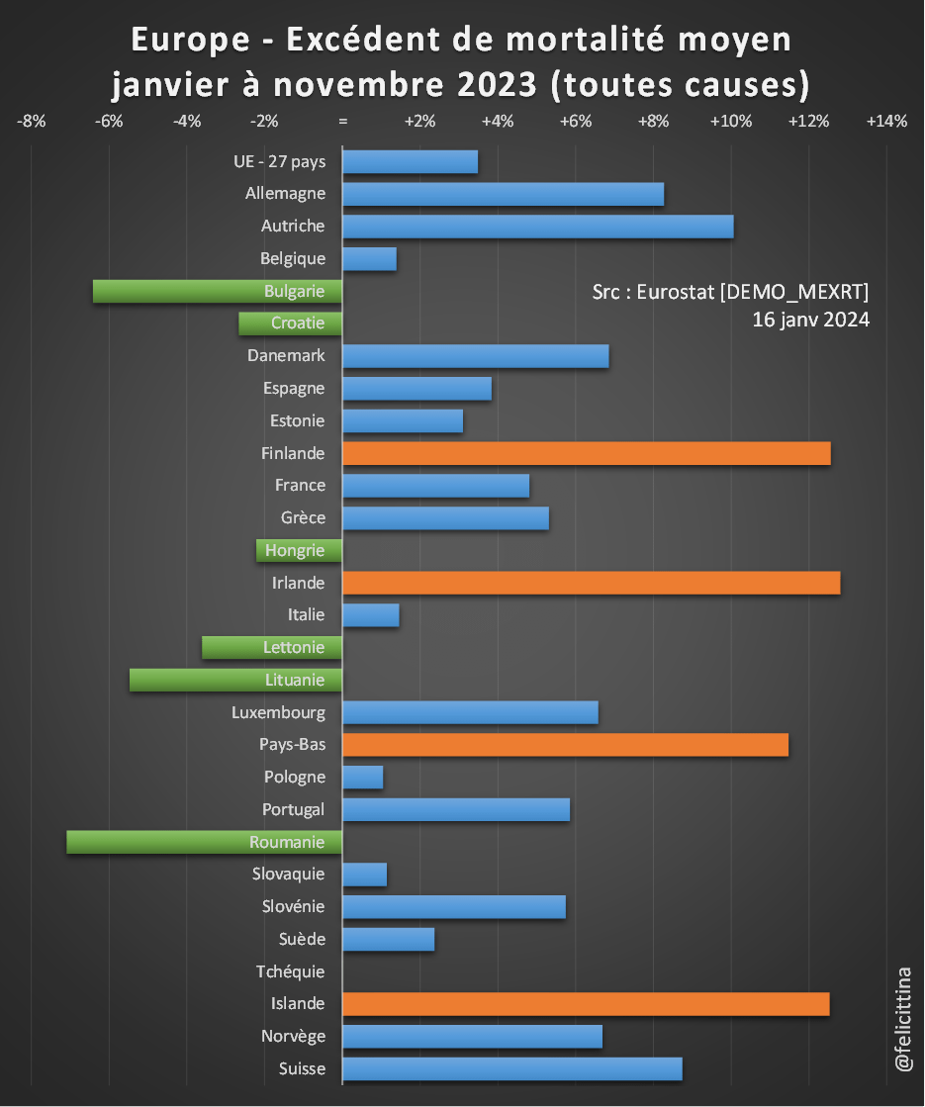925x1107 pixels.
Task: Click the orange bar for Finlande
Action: (586, 453)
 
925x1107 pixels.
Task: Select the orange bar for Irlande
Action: (591, 583)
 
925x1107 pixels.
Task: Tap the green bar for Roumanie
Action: (204, 842)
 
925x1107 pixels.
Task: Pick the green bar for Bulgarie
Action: (217, 291)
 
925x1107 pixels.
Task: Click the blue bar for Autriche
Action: (537, 226)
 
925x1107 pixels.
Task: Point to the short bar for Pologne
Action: (362, 777)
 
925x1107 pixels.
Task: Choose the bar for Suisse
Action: (511, 1068)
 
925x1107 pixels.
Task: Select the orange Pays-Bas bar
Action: (565, 745)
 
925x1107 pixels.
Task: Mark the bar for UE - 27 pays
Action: (410, 161)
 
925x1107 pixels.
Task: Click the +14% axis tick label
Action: (885, 122)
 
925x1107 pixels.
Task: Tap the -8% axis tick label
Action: (32, 122)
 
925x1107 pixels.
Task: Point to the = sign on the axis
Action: (342, 122)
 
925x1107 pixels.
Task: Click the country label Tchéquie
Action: (290, 971)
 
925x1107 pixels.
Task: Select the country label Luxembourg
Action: (278, 712)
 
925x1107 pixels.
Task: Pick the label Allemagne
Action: (285, 194)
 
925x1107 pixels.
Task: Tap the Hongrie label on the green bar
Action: (295, 550)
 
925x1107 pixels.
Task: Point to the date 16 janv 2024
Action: (810, 320)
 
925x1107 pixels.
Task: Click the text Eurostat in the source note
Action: (677, 291)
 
